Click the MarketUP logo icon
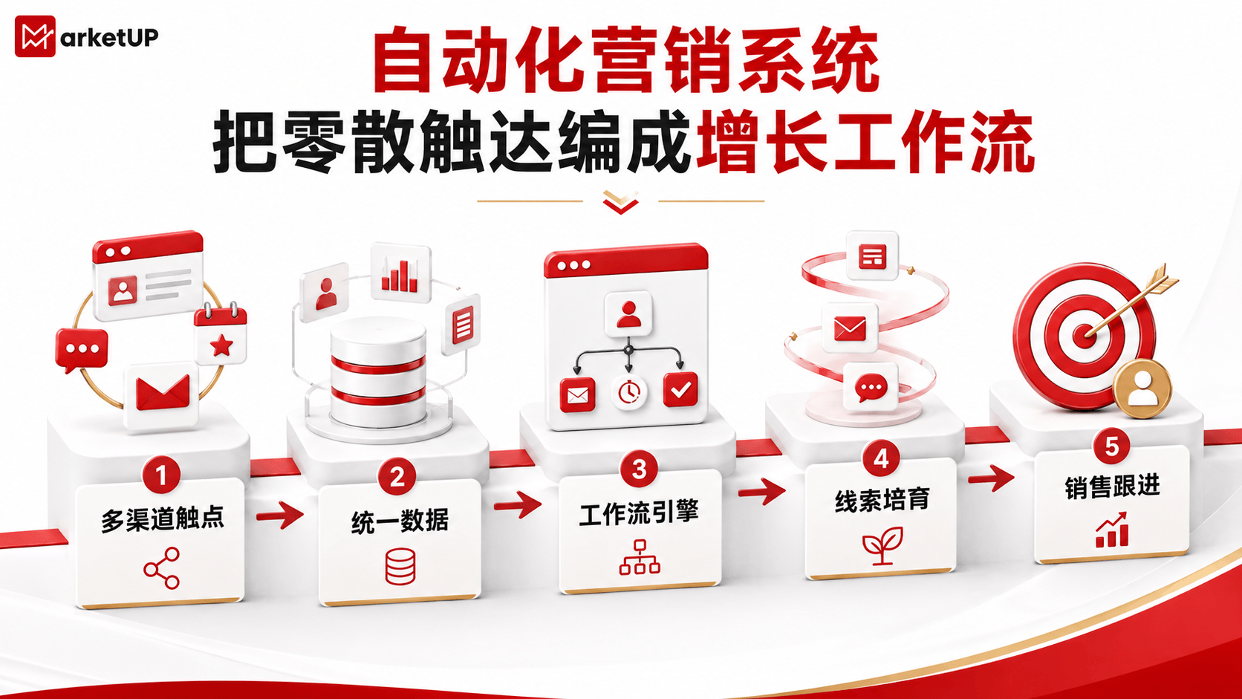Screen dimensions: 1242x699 coord(35,36)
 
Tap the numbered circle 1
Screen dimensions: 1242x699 coord(160,475)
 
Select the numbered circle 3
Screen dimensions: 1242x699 coord(639,469)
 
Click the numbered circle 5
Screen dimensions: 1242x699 coord(1111,446)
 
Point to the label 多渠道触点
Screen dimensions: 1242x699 coord(162,520)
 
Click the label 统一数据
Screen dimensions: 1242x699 coord(400,521)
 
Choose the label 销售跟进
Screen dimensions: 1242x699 coord(1112,487)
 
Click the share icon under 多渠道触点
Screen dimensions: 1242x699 coord(161,568)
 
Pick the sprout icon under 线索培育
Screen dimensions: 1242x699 coord(882,545)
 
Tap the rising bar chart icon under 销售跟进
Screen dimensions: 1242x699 coord(1112,530)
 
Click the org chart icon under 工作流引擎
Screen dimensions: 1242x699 coord(640,556)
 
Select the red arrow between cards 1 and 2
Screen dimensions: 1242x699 coord(280,515)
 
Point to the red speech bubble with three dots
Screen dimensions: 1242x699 coord(82,350)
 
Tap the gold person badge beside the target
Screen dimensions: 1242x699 coord(1142,388)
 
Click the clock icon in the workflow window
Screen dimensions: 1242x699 coord(628,392)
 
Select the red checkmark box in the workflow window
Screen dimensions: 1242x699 coord(680,390)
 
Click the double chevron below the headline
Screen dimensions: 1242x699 coord(620,202)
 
